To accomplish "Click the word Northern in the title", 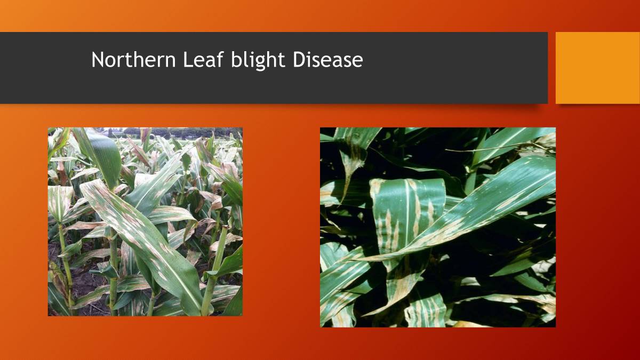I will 133,60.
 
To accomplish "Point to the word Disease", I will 327,60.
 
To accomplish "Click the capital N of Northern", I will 97,60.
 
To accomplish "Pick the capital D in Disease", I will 298,60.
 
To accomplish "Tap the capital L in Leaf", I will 187,60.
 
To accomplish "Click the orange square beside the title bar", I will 597,68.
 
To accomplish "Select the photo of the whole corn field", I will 145,221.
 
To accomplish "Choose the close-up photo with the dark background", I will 437,227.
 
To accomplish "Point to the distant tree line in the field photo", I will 176,132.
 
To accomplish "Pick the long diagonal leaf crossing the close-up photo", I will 480,208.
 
